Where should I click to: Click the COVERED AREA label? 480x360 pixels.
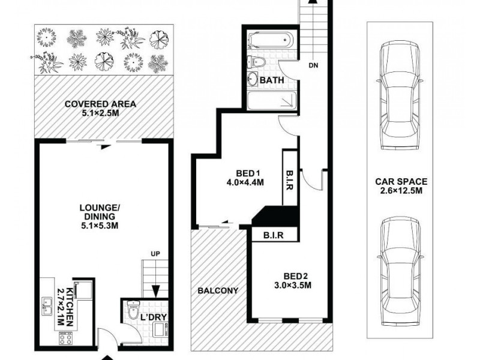[x=100, y=104]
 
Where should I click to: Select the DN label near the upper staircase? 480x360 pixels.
[x=313, y=65]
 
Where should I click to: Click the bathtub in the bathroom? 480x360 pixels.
[x=270, y=43]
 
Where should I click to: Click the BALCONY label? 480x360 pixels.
[x=218, y=290]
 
